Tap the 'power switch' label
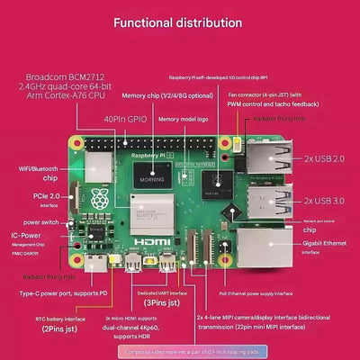pyautogui.click(x=40, y=221)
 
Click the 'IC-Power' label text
pyautogui.click(x=25, y=235)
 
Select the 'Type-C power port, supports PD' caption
pyautogui.click(x=64, y=292)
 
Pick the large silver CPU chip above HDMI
pyautogui.click(x=149, y=214)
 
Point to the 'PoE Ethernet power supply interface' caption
pyautogui.click(x=256, y=292)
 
